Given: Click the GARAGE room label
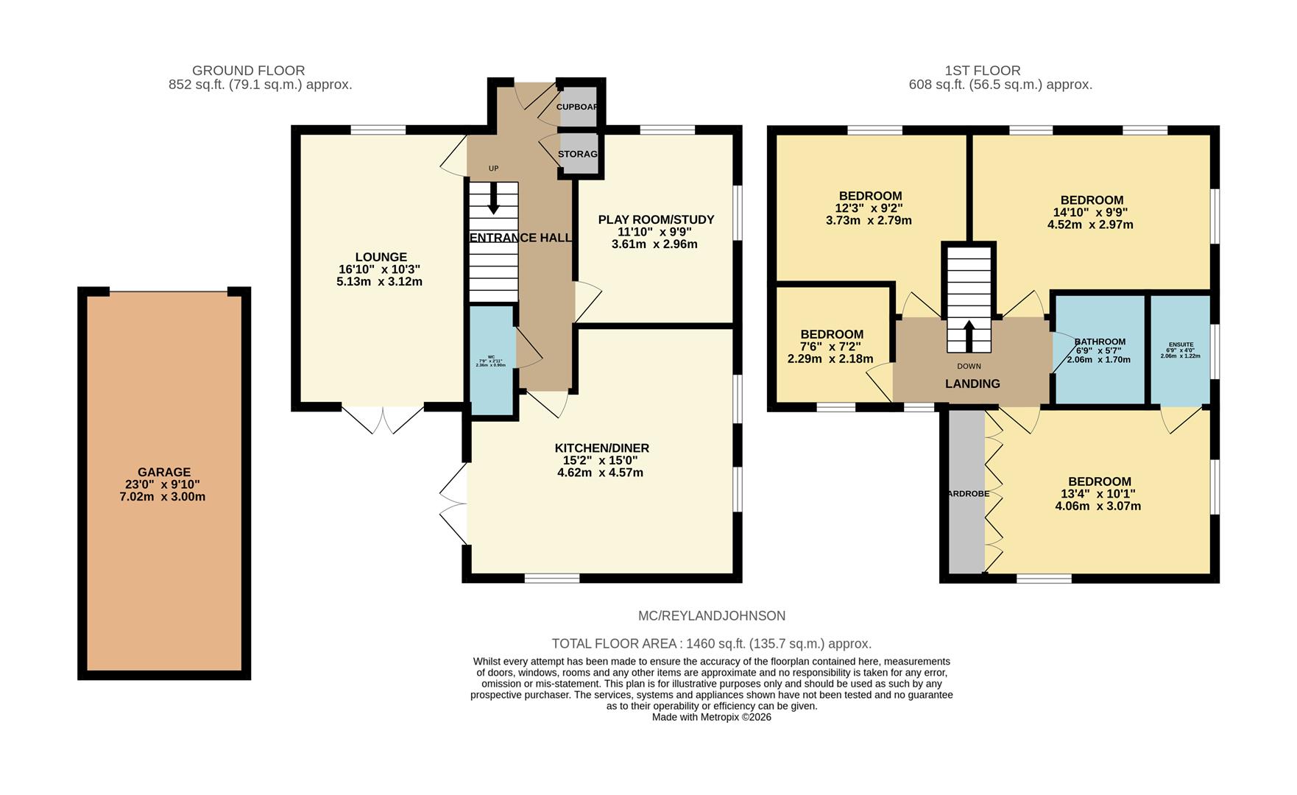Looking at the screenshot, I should tap(163, 472).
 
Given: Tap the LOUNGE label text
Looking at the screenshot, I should tap(381, 257).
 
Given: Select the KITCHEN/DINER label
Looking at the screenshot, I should tap(601, 448).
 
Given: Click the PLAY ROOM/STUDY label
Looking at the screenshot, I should tap(655, 219).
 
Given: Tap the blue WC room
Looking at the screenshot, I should tap(492, 361).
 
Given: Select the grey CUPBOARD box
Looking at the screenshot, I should tap(579, 107).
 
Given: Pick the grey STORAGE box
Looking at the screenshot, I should tap(579, 154).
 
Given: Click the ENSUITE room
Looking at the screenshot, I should tap(1180, 350).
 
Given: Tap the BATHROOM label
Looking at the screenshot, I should tap(1100, 342).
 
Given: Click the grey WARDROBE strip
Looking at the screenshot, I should tap(966, 493).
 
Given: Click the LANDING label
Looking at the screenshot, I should tap(972, 384).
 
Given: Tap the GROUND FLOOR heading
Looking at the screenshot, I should tap(248, 71).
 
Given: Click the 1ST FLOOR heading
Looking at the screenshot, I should tap(982, 71).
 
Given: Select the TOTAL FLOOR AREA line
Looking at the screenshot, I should tap(711, 643).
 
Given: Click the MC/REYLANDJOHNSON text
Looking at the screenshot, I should tap(711, 615).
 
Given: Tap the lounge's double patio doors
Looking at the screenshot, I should tap(383, 420).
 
